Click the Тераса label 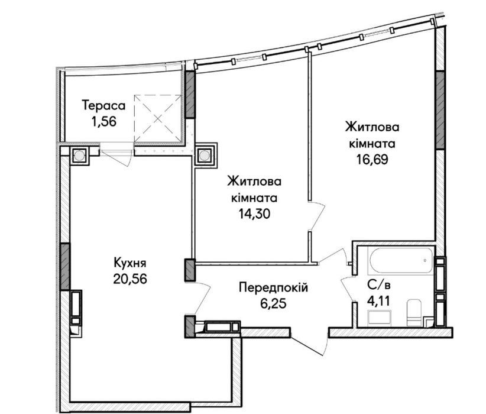[x=103, y=105]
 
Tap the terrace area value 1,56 [x=103, y=121]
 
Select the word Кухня [x=130, y=263]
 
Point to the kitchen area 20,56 [x=130, y=279]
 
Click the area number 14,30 [x=254, y=214]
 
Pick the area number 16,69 [x=372, y=160]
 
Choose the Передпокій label [x=273, y=287]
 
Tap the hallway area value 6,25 [x=273, y=303]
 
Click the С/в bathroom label [x=378, y=284]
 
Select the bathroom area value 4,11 [x=378, y=300]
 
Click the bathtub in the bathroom [x=401, y=260]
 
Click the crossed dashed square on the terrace [x=158, y=118]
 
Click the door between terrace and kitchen [x=117, y=154]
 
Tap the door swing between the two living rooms [x=317, y=216]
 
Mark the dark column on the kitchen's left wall [x=65, y=266]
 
